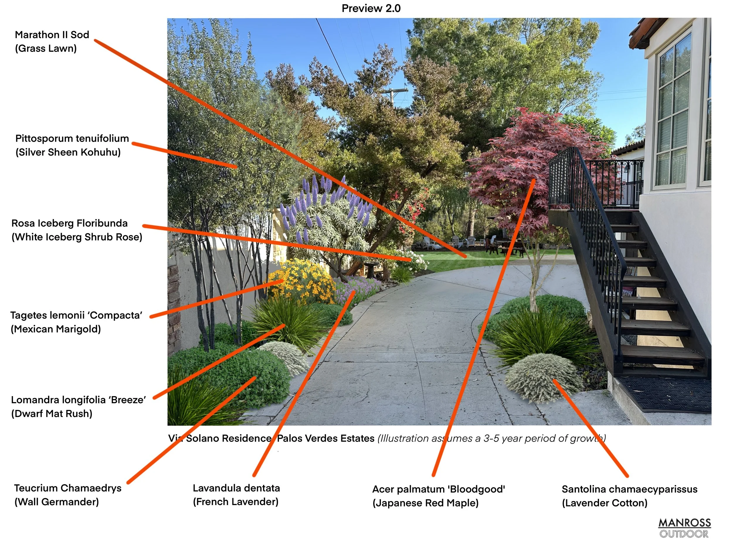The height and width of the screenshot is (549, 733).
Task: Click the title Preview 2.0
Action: pos(371,8)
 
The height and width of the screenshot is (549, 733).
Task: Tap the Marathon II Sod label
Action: pos(52,35)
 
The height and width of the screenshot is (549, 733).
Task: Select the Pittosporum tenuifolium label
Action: pos(72,138)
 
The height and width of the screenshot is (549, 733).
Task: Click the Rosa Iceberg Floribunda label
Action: pos(69,223)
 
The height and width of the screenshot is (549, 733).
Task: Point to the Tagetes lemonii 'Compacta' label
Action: pos(76,315)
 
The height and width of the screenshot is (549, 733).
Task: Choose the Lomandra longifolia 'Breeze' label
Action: pos(78,400)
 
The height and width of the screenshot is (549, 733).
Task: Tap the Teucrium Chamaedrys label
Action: pos(68,488)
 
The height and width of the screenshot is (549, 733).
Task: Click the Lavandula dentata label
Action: pos(236,488)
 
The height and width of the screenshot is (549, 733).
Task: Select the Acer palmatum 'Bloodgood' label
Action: pos(438,489)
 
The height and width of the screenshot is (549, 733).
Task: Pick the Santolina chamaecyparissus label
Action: pos(629,489)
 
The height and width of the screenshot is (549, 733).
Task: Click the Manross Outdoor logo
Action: pos(684,528)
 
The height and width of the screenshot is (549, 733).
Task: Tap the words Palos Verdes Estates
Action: pos(325,439)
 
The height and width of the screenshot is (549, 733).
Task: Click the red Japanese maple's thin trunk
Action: pos(534,285)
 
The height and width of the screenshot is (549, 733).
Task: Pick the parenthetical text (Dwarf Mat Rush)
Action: pos(52,414)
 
